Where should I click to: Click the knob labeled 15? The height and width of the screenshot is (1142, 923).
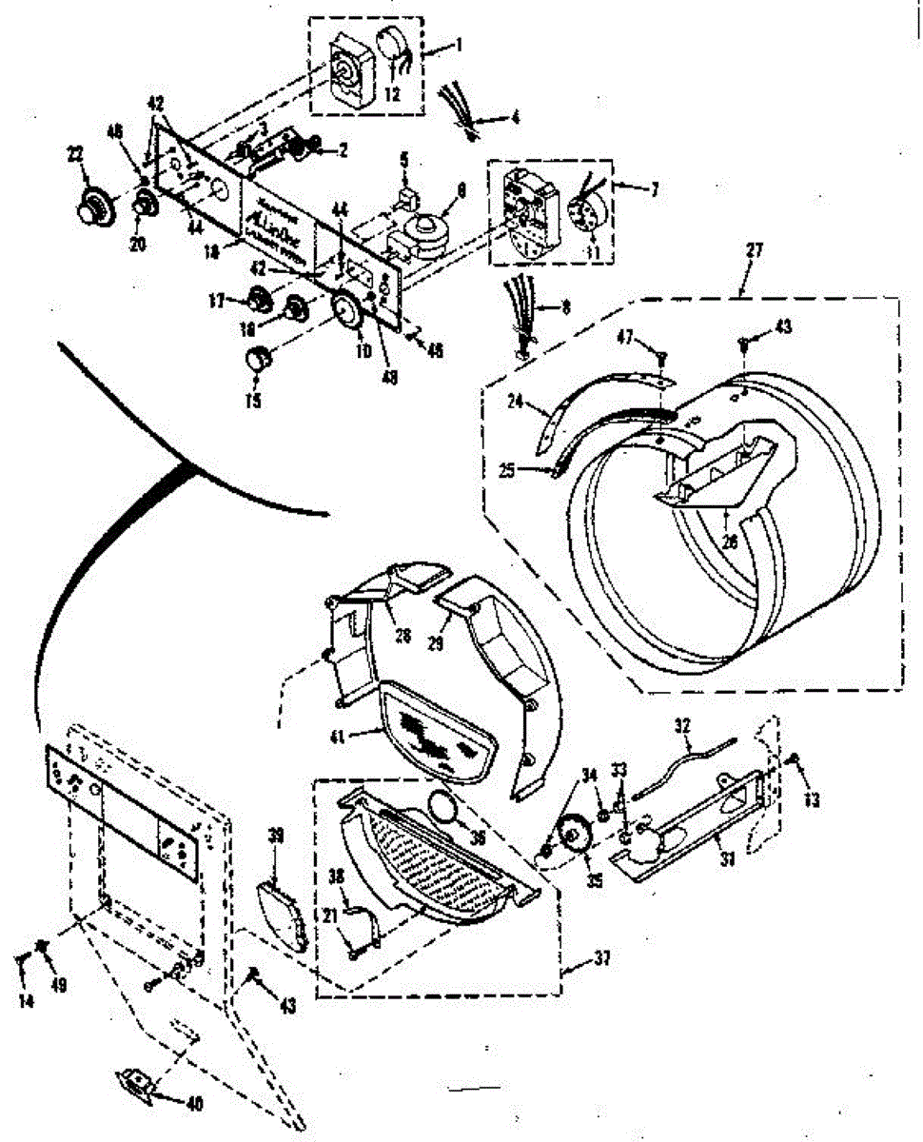[257, 360]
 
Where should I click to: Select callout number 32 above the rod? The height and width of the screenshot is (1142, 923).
[681, 726]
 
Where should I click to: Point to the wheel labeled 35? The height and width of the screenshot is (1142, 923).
[573, 837]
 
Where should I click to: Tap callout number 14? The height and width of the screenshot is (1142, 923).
[26, 1002]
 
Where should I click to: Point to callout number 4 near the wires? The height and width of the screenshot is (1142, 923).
[515, 120]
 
